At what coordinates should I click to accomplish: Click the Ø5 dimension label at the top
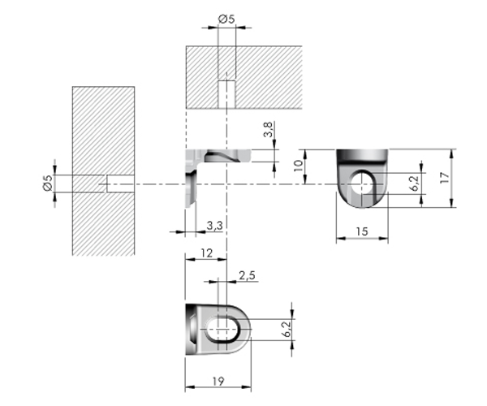point(226,19)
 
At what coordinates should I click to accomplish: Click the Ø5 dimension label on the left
point(48,184)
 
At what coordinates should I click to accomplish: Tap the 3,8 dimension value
point(269,129)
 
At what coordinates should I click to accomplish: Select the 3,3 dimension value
point(215,226)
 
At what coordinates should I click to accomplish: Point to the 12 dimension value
point(206,253)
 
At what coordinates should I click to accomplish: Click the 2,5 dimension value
point(248,275)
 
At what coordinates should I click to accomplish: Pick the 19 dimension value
point(218,381)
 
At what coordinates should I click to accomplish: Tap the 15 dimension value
point(362,231)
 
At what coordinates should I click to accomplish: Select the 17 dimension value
point(445,178)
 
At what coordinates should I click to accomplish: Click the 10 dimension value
point(298,166)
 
